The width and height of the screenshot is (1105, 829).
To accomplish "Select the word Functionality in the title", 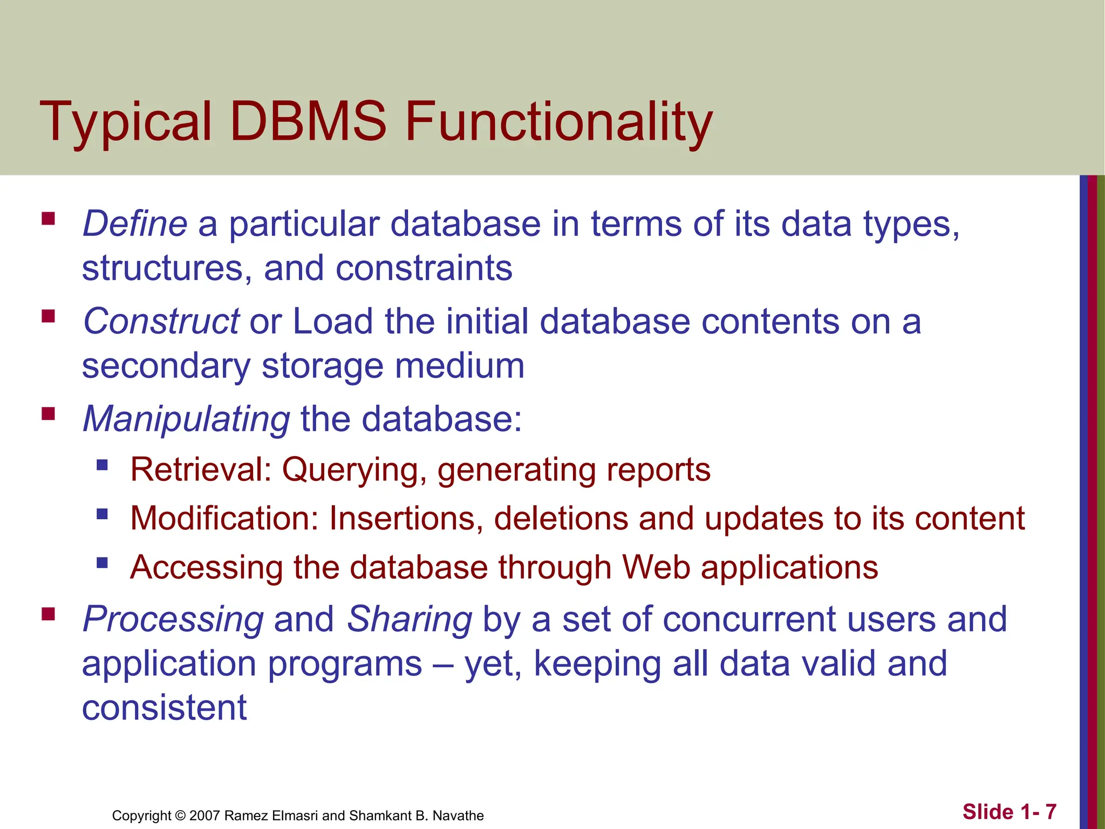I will point(558,123).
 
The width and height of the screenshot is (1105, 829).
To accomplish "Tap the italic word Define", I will point(135,223).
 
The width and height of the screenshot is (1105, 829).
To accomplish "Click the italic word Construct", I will point(161,321).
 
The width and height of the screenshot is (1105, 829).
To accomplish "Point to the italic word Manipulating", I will point(186,419).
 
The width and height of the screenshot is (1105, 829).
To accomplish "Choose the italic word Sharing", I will point(410,619).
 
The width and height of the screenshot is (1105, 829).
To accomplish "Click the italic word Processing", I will point(173,620).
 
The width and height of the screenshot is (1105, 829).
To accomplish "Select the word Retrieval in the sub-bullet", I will point(200,470).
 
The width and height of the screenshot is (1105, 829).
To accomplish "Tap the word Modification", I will point(224,519).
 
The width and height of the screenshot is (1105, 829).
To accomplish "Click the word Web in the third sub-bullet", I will point(656,568).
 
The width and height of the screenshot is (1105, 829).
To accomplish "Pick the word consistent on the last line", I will point(164,708).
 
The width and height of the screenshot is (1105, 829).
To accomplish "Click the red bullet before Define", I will point(48,218).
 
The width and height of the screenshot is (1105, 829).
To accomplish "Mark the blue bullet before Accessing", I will point(102,563).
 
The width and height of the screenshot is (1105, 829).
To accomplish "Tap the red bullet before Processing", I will point(48,614).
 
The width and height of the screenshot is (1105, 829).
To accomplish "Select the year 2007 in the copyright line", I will point(204,816).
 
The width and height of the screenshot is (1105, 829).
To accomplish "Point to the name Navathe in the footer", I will point(458,816).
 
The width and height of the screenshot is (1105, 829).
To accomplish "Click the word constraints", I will point(424,268).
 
